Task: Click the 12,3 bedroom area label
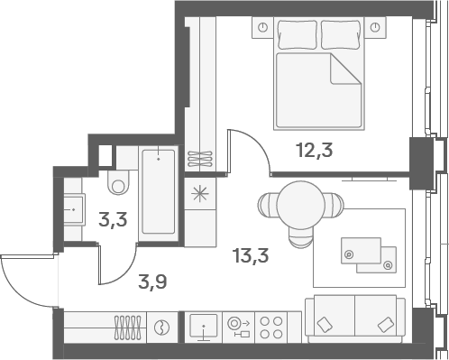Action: (315, 150)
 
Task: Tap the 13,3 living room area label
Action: (251, 256)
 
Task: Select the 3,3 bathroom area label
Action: (113, 220)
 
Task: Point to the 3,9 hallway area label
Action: (152, 282)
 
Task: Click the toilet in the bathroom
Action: (118, 182)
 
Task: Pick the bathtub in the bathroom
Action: (159, 192)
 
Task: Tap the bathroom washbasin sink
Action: (73, 209)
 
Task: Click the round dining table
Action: (300, 205)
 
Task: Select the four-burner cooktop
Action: (271, 328)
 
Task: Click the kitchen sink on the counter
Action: (204, 326)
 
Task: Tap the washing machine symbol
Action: (161, 328)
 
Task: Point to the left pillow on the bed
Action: (298, 34)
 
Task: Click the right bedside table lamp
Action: (375, 27)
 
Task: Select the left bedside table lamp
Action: (263, 27)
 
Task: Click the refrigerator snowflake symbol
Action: (200, 193)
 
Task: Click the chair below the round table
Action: (301, 238)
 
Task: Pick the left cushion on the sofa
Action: (325, 325)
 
